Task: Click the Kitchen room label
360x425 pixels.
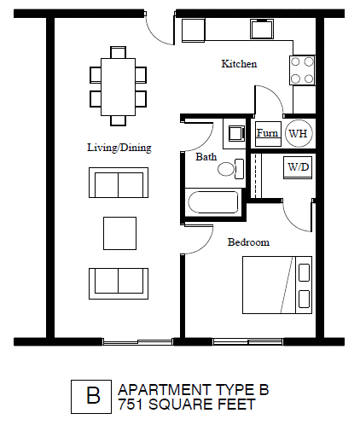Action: click(x=239, y=64)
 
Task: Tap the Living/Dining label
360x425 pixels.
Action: click(x=119, y=148)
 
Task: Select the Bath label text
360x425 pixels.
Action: click(x=206, y=157)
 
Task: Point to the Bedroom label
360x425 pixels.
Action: click(x=248, y=242)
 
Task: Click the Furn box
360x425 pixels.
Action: click(x=267, y=133)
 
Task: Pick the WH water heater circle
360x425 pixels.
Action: click(x=298, y=133)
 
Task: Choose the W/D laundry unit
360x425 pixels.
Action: click(x=298, y=166)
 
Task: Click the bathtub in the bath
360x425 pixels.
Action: click(x=212, y=204)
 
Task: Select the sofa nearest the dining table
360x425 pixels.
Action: click(x=119, y=183)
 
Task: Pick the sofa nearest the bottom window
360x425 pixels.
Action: click(x=119, y=281)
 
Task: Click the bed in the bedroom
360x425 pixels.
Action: click(x=279, y=284)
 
